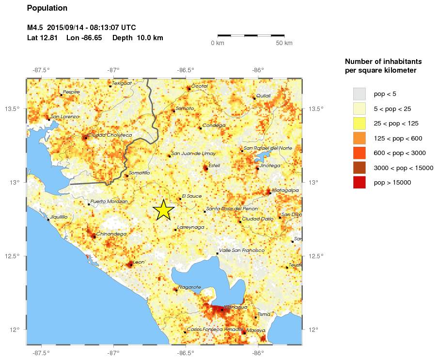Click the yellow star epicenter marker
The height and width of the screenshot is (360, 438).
pos(164,210)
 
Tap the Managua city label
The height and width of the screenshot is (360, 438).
pos(236,307)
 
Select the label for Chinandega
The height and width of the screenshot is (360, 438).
pos(111,234)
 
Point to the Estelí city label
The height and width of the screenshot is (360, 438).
pos(214,166)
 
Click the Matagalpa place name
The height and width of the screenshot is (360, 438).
pos(284,190)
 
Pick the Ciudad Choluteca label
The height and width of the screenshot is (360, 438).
pos(109,135)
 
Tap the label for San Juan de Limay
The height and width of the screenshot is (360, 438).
pos(194,154)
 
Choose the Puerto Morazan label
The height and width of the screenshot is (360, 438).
pos(109,202)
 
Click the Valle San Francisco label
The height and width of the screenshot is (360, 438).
pos(242,250)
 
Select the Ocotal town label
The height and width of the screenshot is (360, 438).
pos(200,86)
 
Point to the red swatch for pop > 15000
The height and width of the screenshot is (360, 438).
pos(359,183)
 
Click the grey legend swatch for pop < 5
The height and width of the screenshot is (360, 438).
pos(359,93)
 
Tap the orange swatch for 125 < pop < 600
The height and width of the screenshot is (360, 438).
pos(359,138)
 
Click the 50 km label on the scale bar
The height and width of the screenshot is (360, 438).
pos(284,44)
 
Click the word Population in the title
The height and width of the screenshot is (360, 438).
pos(47,8)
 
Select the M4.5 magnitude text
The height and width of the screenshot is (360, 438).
pos(35,27)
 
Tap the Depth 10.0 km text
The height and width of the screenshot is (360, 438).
pos(138,38)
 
